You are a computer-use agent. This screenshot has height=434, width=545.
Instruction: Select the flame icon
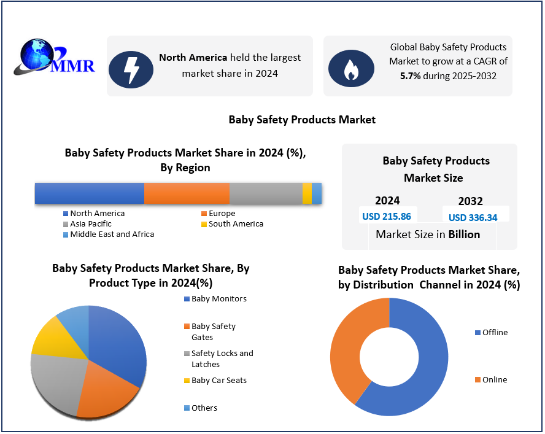(x=351, y=69)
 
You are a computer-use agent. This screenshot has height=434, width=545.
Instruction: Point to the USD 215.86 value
(x=386, y=216)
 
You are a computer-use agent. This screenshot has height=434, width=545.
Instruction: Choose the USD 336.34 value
(x=473, y=217)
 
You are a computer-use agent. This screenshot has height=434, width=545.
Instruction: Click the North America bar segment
(x=90, y=193)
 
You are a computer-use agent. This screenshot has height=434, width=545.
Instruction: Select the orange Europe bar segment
(x=187, y=193)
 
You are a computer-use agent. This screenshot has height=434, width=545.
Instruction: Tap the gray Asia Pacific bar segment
(x=265, y=193)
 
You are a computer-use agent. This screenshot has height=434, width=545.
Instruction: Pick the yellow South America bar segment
(x=307, y=193)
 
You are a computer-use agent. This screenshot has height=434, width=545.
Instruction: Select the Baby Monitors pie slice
(x=120, y=344)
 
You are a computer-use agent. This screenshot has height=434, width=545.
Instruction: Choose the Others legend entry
(x=203, y=408)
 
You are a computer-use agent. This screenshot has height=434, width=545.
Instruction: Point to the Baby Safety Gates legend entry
(x=212, y=331)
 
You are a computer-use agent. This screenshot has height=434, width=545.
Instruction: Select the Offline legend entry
(x=493, y=332)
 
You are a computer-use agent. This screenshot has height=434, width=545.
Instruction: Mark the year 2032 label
(x=470, y=201)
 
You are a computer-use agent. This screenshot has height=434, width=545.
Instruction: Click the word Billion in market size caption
(x=464, y=234)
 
